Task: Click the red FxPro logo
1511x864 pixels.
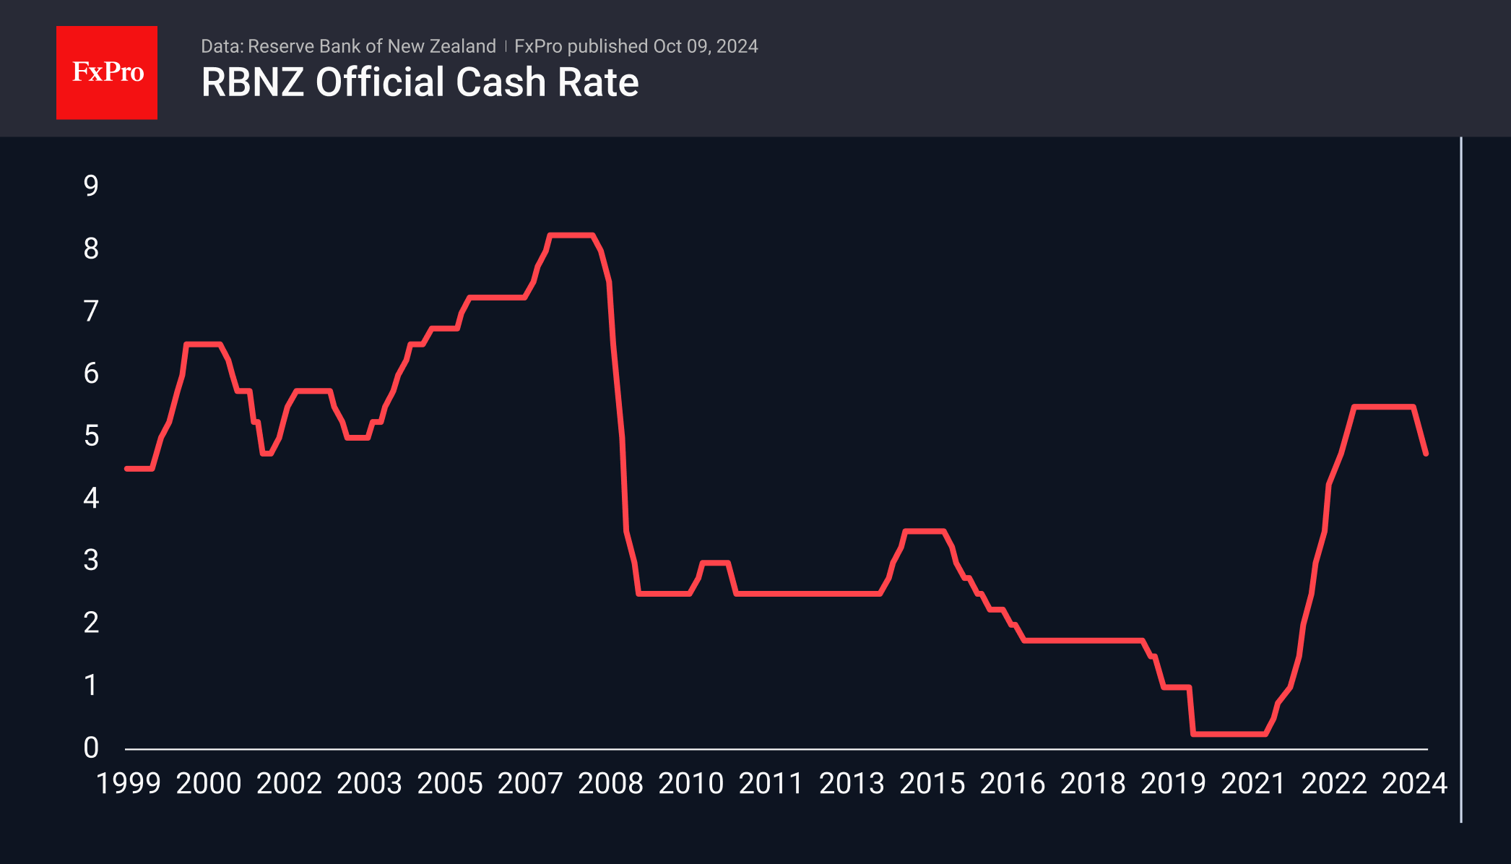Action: coord(107,72)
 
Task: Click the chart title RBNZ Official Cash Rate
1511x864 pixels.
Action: coord(420,82)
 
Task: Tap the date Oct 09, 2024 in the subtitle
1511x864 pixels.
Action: coord(706,46)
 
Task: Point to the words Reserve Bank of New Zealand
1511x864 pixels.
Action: coord(371,46)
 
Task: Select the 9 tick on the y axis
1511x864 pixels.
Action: coord(91,186)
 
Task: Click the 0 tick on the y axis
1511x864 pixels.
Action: coord(91,748)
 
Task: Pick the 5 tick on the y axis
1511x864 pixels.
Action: coord(91,436)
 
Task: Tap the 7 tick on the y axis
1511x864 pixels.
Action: coord(91,311)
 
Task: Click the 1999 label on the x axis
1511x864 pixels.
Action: coord(129,784)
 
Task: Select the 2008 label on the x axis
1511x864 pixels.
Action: coord(610,784)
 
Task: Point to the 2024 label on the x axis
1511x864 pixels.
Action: coord(1414,784)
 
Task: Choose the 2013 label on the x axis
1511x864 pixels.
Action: coord(852,784)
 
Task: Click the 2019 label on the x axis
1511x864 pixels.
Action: coord(1173,784)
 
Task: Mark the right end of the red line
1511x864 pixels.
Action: coord(1426,454)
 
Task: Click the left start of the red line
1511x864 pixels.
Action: coord(127,469)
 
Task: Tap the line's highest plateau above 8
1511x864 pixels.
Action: coord(571,235)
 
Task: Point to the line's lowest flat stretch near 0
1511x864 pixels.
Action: coord(1228,734)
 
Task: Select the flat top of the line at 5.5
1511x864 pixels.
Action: coord(1383,407)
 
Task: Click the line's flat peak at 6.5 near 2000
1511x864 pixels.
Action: coord(202,344)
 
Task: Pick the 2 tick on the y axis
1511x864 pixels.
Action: coord(91,623)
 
